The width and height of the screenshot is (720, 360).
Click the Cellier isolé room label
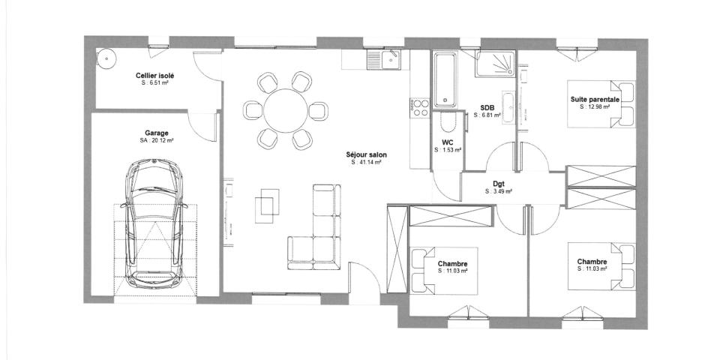click(155, 76)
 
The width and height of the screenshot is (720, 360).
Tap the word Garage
click(157, 132)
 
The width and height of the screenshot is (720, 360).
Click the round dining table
click(285, 110)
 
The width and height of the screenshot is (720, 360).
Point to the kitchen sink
click(391, 59)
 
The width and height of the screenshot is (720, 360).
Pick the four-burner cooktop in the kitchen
click(418, 106)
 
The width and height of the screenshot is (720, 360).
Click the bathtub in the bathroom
click(445, 79)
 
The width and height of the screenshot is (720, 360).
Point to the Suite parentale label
click(595, 99)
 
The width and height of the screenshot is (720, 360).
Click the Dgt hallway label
click(498, 184)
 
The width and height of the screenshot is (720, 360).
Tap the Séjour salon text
click(367, 154)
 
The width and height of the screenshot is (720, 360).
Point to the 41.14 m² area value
click(367, 163)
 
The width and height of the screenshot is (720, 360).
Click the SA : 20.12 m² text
click(157, 140)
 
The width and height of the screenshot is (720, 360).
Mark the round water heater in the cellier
click(107, 58)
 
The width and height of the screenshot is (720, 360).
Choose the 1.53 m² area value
click(448, 150)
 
